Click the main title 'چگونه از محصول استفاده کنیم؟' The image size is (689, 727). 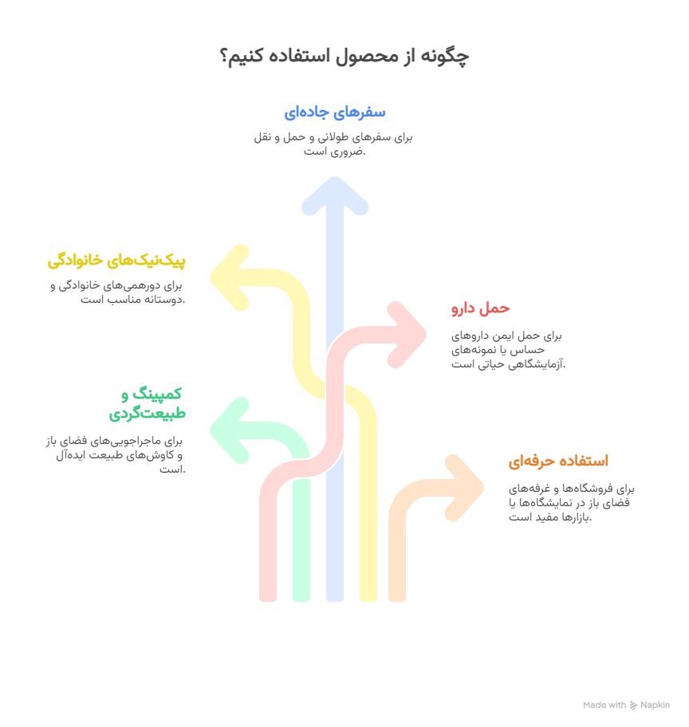click(x=344, y=56)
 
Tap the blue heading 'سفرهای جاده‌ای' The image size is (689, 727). click(x=335, y=112)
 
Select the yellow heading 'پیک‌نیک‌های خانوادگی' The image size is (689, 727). click(x=116, y=260)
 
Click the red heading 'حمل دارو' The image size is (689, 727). click(x=481, y=308)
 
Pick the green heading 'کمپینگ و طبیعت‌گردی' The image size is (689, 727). click(x=148, y=403)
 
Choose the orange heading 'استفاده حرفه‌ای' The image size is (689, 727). click(x=558, y=461)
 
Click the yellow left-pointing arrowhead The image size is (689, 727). click(x=230, y=277)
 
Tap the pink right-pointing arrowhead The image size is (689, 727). click(x=407, y=335)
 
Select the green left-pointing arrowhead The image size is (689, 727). click(x=230, y=430)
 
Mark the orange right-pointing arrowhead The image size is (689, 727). click(x=464, y=488)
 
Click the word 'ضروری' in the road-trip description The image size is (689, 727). click(x=350, y=151)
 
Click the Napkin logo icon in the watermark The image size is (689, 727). click(x=633, y=705)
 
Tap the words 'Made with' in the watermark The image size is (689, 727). click(x=604, y=705)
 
